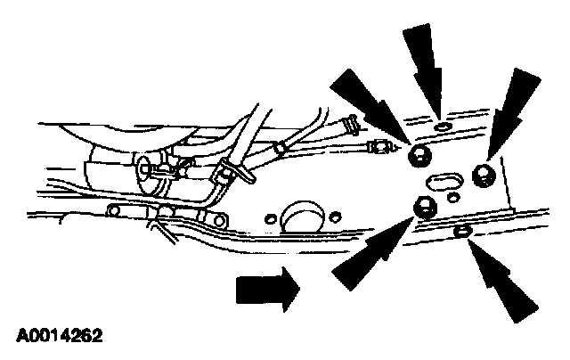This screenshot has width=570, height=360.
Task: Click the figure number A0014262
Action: [60, 335]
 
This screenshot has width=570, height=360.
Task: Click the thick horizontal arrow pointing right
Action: [268, 290]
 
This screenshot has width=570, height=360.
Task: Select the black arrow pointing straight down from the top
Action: [426, 71]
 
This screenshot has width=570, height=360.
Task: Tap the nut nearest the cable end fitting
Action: [419, 155]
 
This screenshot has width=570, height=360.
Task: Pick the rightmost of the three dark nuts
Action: [484, 176]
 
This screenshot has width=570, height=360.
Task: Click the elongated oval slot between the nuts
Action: [444, 182]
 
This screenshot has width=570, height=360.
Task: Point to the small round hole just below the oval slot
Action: [452, 198]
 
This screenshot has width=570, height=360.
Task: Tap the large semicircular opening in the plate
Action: [303, 217]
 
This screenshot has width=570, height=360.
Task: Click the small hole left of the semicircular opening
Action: [271, 219]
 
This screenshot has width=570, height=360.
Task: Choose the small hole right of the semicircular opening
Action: [335, 217]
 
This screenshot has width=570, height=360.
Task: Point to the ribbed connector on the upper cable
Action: [351, 125]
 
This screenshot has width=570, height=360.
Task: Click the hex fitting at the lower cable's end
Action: [378, 147]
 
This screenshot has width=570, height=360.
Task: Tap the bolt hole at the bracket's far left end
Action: [113, 211]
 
